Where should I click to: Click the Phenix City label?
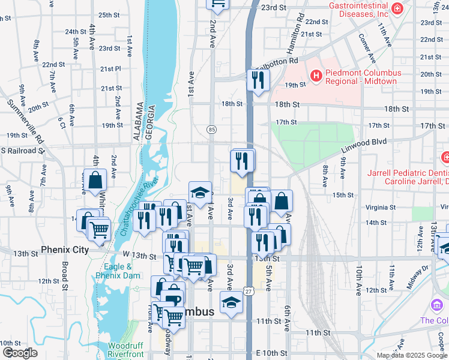(65, 250)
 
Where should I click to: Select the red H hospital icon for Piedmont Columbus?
(316, 76)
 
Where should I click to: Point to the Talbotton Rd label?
(278, 61)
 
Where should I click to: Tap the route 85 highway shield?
(211, 130)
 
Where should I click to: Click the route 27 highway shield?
(248, 291)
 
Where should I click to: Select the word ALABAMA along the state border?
(137, 124)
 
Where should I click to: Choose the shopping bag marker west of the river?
(95, 179)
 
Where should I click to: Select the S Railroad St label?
(22, 151)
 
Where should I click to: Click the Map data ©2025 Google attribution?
(411, 355)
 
